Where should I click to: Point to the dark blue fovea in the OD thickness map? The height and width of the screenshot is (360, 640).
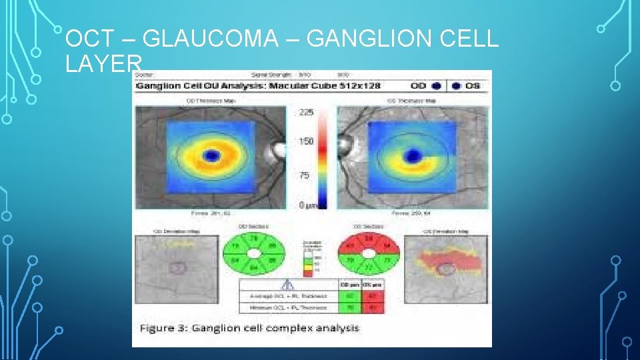pos(212,156)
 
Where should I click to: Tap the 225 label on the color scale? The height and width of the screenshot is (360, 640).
pos(305,113)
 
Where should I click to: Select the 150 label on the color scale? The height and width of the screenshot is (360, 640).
pos(305,142)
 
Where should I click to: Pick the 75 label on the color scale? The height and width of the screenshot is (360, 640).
pos(304,175)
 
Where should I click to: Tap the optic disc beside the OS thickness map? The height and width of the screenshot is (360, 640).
pos(345,144)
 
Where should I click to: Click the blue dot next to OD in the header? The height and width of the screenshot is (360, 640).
pos(436,86)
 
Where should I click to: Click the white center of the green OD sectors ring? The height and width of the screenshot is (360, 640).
pos(255,253)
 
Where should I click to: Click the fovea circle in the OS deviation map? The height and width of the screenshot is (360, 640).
pos(447,269)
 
